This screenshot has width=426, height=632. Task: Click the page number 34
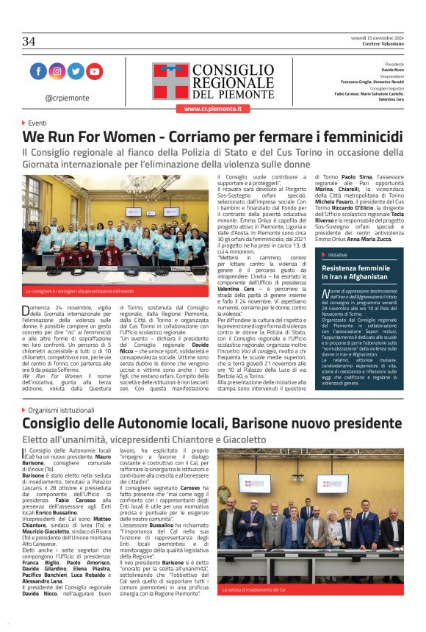coord(29,41)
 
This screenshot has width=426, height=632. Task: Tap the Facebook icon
coord(38,71)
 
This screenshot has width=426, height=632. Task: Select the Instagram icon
coord(57,71)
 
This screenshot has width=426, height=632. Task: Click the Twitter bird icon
coord(76,71)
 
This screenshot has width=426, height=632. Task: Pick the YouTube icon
coord(95,71)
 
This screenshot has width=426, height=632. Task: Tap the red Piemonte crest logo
coord(170,81)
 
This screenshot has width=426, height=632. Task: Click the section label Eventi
coord(37,123)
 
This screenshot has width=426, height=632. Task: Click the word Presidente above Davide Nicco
coord(394,64)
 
